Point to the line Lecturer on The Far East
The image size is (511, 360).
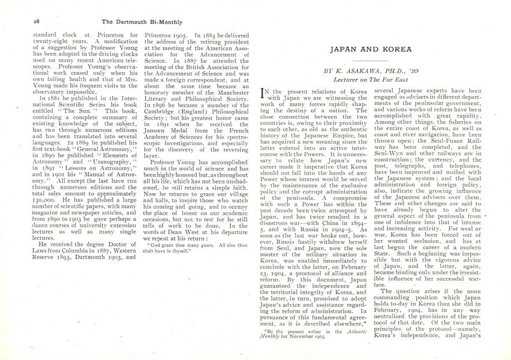point(373,80)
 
